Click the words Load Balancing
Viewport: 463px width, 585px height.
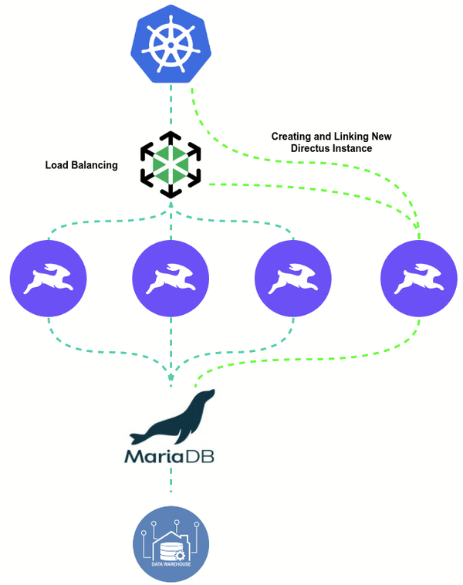click(81, 164)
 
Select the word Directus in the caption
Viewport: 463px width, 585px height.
click(310, 147)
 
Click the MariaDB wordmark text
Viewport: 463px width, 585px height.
click(169, 456)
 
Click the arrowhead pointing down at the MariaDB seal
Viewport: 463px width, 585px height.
click(170, 376)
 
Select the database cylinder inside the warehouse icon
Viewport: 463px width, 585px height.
click(168, 549)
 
